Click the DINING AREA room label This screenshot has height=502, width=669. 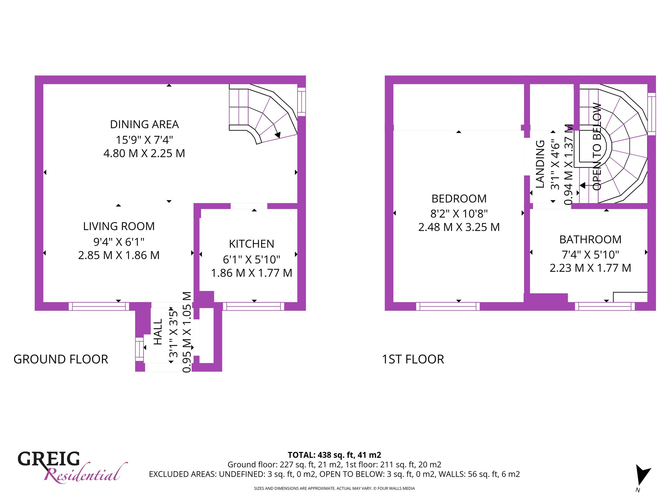point(144,125)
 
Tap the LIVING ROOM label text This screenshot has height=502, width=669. point(119,226)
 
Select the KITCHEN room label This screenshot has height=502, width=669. point(252,244)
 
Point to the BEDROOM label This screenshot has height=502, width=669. point(459,199)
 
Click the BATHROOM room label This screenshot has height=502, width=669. point(590,240)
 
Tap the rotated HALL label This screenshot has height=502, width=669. point(158,332)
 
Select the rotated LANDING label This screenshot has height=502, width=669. point(540,164)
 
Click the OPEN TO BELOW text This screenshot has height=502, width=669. point(597,147)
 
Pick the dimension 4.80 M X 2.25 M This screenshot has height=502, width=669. point(144,153)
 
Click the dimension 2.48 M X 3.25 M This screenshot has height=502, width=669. point(459,227)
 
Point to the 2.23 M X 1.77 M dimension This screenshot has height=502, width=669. point(590,268)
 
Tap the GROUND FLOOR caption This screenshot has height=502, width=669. point(61,360)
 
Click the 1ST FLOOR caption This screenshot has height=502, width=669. point(413,360)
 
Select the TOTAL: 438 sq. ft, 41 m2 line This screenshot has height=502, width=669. point(334,455)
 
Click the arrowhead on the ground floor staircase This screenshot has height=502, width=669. point(278,135)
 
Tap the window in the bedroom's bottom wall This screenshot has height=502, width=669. point(448,306)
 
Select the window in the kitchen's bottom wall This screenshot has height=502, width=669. point(253,306)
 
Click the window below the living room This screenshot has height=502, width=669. point(99,306)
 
